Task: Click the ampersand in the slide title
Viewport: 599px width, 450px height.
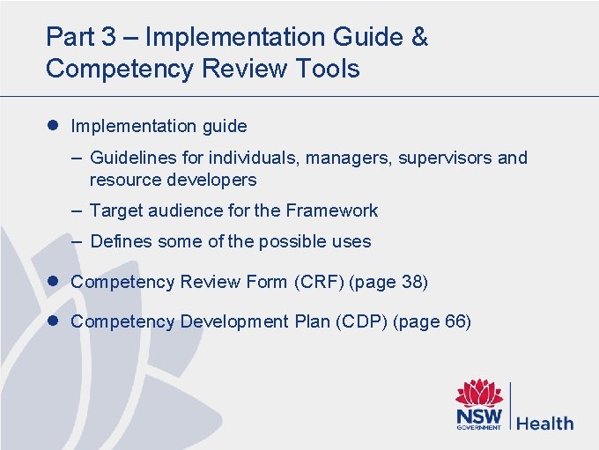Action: click(419, 38)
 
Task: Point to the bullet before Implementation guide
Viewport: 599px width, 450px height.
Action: click(54, 126)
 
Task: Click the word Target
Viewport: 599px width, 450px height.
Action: click(114, 210)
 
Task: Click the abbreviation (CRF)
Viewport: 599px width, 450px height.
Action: click(318, 282)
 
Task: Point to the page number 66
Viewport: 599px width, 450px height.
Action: click(455, 321)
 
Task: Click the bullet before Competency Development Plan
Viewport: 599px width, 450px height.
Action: click(54, 321)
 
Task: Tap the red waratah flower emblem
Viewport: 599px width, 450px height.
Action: click(478, 394)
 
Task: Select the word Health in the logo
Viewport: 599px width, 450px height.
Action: click(544, 424)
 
